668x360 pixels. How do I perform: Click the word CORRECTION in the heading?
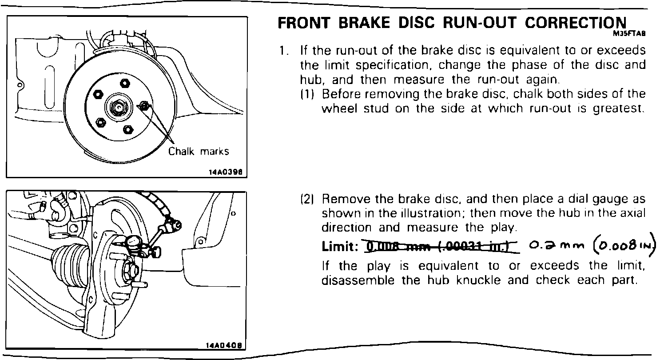tap(576, 23)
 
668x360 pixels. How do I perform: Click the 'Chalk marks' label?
tap(199, 152)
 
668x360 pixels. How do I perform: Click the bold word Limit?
tap(340, 247)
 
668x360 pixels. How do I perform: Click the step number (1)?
tap(308, 94)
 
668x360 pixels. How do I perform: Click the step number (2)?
tap(308, 199)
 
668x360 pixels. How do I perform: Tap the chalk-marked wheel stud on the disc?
tap(144, 106)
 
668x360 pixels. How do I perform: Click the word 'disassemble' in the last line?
tap(358, 281)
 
